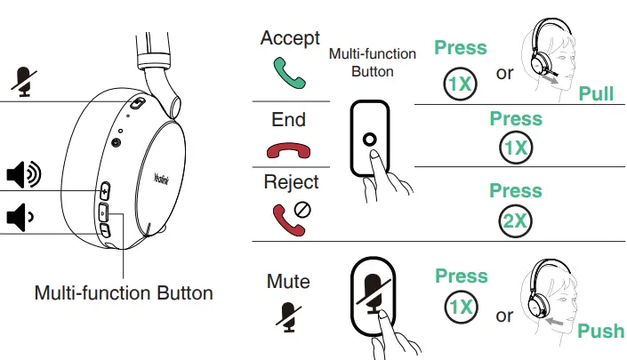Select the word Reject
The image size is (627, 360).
[291, 182]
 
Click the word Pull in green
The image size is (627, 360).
[596, 93]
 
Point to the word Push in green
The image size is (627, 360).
[601, 332]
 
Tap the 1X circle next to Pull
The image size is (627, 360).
[460, 84]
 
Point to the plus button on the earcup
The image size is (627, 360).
[104, 190]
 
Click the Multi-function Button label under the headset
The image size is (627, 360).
[123, 292]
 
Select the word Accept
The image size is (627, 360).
[290, 38]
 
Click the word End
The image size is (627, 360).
[289, 119]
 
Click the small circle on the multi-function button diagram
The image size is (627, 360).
[370, 140]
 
